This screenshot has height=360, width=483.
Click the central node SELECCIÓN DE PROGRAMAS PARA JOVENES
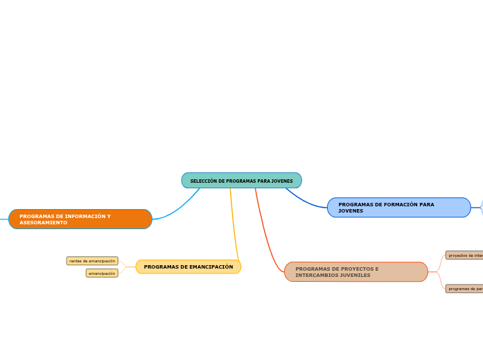tap(241, 181)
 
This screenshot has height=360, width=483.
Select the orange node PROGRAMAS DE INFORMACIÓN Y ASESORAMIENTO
tap(80, 219)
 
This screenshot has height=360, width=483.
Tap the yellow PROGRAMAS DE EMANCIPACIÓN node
tap(188, 267)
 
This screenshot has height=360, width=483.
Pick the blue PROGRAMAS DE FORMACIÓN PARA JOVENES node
tap(398, 208)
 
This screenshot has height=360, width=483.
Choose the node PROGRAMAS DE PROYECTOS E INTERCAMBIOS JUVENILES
tap(355, 272)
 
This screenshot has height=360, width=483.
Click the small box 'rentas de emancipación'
tap(92, 261)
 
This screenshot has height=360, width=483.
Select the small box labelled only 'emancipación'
tap(102, 273)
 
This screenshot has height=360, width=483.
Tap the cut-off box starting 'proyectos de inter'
tap(464, 255)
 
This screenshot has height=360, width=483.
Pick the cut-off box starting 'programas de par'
tap(464, 289)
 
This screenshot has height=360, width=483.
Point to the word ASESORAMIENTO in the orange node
tap(44, 223)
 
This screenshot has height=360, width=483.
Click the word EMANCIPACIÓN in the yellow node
tap(212, 267)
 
